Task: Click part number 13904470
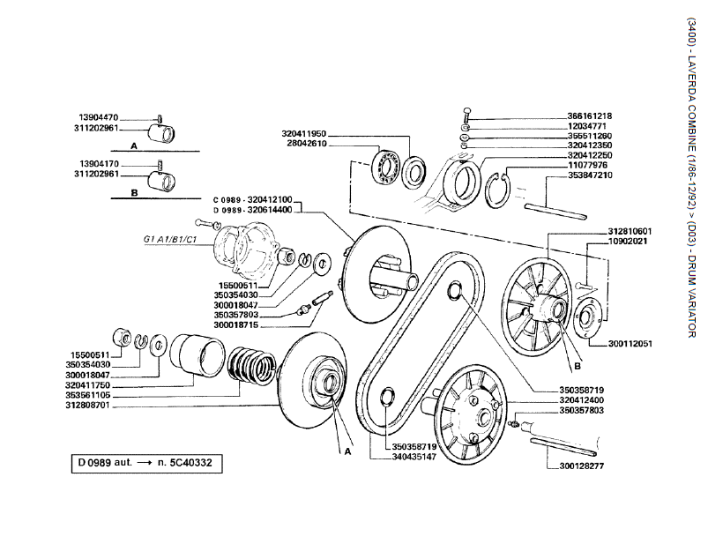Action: (98, 117)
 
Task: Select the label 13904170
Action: (98, 165)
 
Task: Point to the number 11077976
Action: (588, 165)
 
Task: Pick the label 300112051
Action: (630, 343)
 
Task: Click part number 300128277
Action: (582, 466)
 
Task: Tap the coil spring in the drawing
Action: (252, 371)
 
